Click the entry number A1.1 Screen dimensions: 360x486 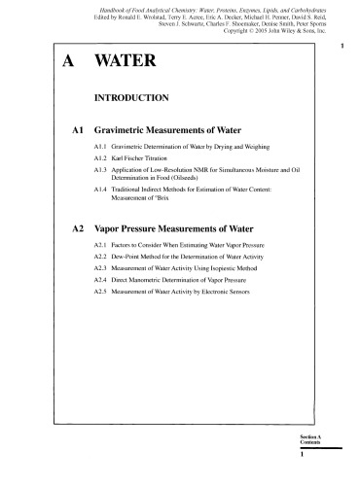(x=90, y=146)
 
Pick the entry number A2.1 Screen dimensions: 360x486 (x=90, y=249)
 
